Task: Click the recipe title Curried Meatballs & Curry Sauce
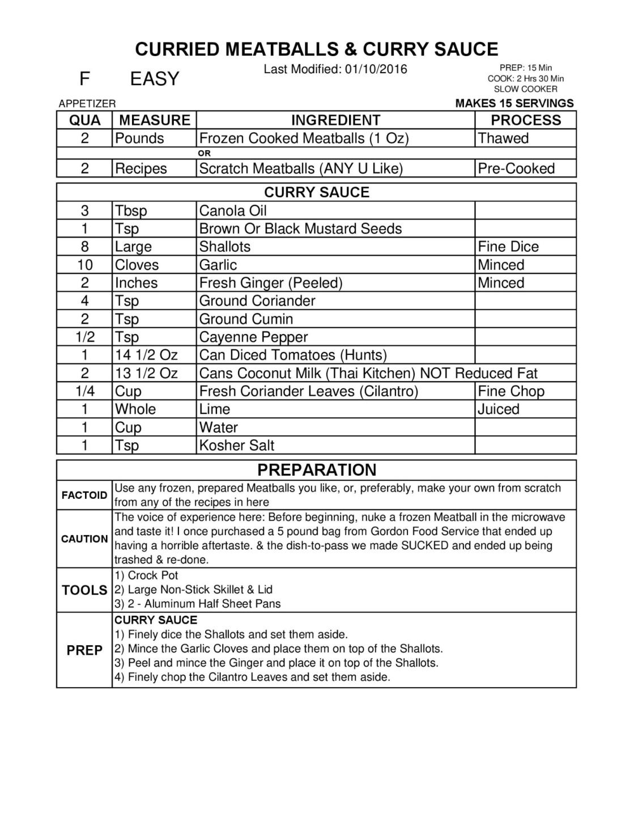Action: pos(317,49)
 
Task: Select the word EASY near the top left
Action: pos(154,79)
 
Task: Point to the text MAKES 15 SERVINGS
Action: pos(514,103)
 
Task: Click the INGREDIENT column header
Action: pos(335,120)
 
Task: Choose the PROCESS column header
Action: pos(525,120)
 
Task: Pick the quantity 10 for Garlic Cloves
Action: pos(84,265)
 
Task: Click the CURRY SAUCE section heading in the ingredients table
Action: pos(317,192)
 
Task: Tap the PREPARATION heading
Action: pos(317,470)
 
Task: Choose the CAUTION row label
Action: pos(84,539)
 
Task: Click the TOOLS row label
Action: pos(84,590)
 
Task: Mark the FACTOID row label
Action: pos(84,495)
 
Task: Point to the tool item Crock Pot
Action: pos(153,575)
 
